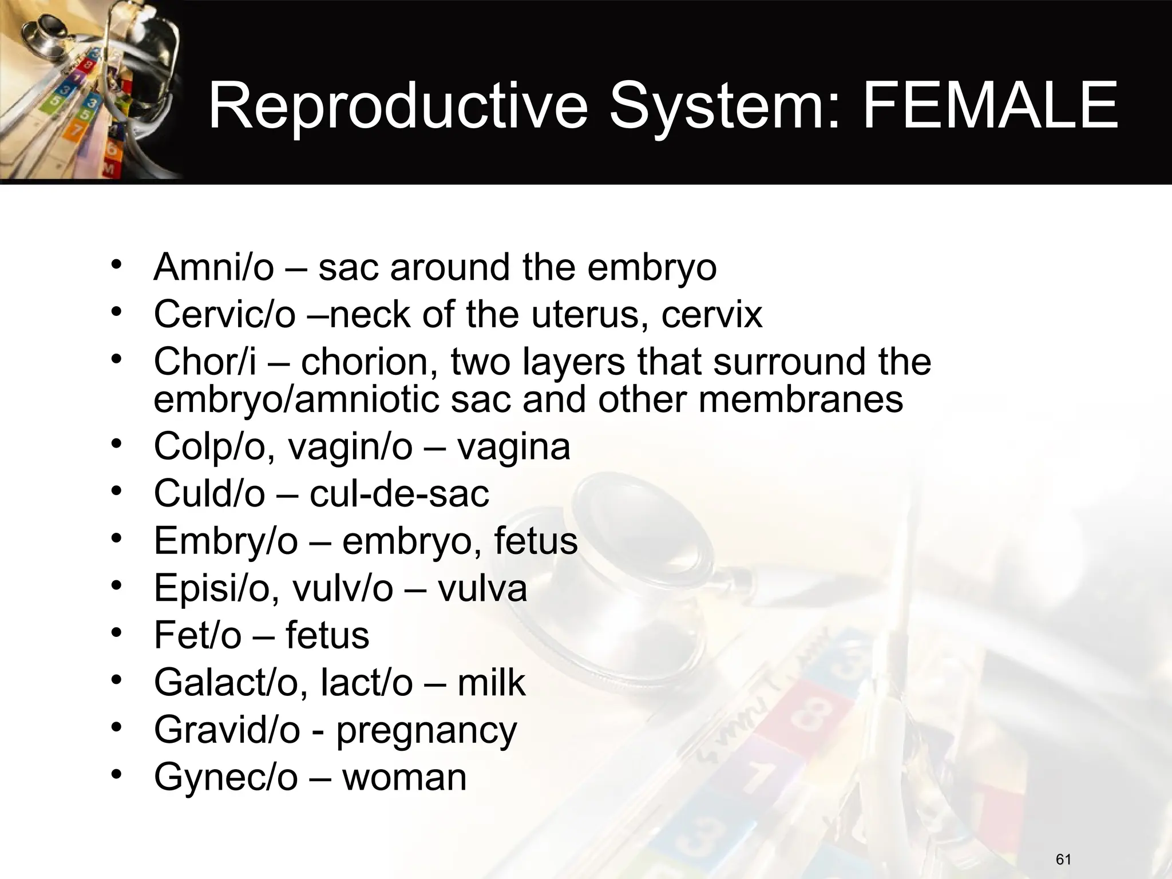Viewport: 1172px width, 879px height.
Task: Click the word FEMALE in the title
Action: [x=990, y=106]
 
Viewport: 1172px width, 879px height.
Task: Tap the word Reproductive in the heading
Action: [x=398, y=106]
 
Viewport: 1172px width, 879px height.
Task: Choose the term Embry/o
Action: [x=225, y=541]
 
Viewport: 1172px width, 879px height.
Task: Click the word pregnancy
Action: [x=426, y=730]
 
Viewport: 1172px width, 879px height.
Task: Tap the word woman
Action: [x=405, y=777]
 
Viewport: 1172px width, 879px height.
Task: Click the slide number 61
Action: [x=1063, y=859]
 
